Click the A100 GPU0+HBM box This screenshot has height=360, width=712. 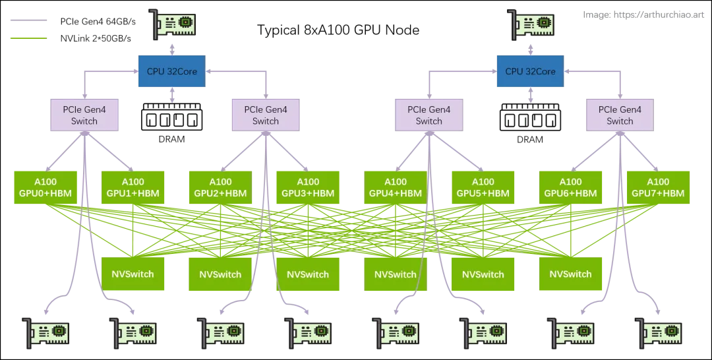45,187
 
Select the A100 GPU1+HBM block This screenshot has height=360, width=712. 133,187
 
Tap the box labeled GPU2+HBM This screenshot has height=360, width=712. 220,187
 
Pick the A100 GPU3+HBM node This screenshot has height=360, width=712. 308,187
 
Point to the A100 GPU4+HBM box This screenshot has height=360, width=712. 396,187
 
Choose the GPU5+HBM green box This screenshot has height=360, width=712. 483,187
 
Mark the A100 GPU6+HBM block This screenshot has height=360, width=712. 571,187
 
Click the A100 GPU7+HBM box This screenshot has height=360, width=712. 658,187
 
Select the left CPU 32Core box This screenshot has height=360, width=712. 171,71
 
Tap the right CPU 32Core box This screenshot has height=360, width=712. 531,71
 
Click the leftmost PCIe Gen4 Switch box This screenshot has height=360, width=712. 84,115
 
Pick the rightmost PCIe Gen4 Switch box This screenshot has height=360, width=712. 620,115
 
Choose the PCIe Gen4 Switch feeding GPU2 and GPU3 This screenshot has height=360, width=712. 266,115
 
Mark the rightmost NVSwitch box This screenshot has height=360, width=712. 571,274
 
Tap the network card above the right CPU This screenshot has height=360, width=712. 533,24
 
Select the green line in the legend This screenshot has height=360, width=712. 26,39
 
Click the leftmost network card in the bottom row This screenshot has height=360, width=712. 45,332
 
